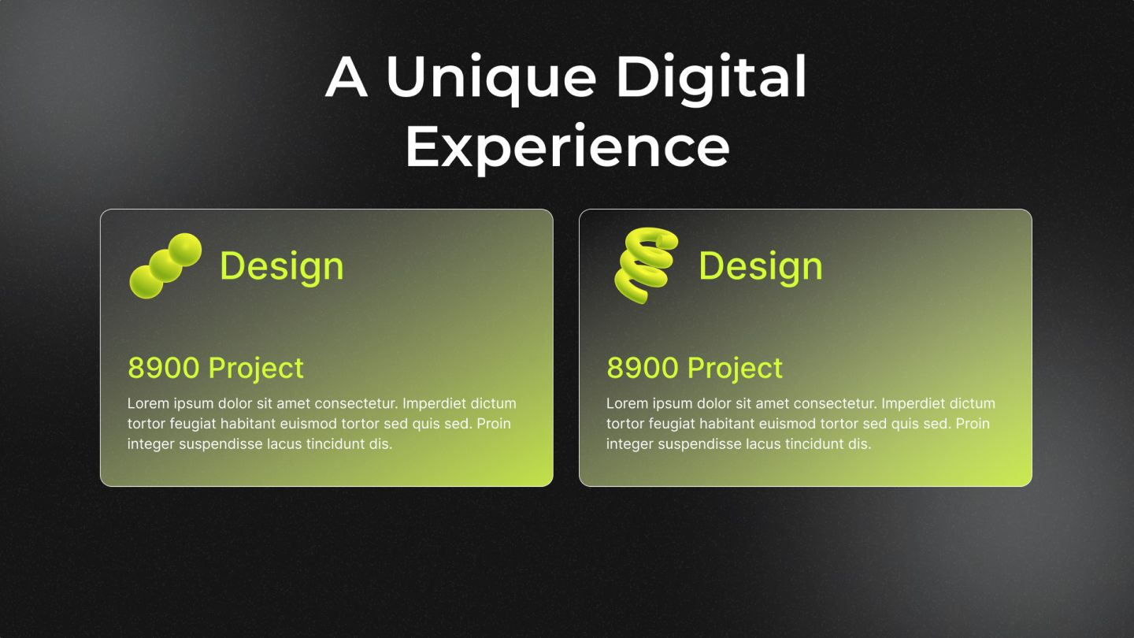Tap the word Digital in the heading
(711, 78)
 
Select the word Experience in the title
(567, 147)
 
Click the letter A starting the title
(346, 78)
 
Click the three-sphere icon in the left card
(165, 265)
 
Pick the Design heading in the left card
(282, 266)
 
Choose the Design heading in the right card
(761, 266)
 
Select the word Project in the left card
(256, 368)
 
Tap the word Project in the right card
(735, 368)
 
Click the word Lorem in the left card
(148, 403)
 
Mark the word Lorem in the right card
(627, 403)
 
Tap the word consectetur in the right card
(835, 403)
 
